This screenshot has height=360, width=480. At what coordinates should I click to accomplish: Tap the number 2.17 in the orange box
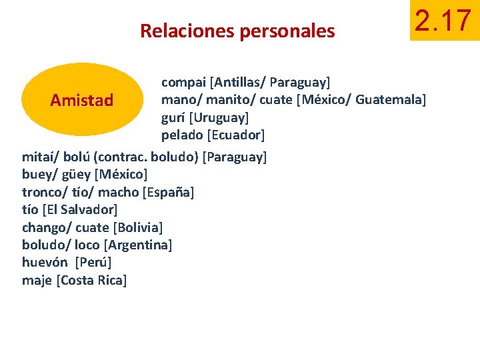(x=443, y=21)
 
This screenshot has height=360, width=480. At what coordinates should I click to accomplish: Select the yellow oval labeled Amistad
(x=82, y=101)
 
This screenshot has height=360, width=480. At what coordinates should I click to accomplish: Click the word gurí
(x=173, y=118)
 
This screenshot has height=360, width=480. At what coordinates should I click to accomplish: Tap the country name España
(x=169, y=193)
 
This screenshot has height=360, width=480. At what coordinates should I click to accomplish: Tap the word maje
(x=37, y=280)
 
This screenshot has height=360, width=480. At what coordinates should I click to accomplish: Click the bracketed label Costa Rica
(x=92, y=280)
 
